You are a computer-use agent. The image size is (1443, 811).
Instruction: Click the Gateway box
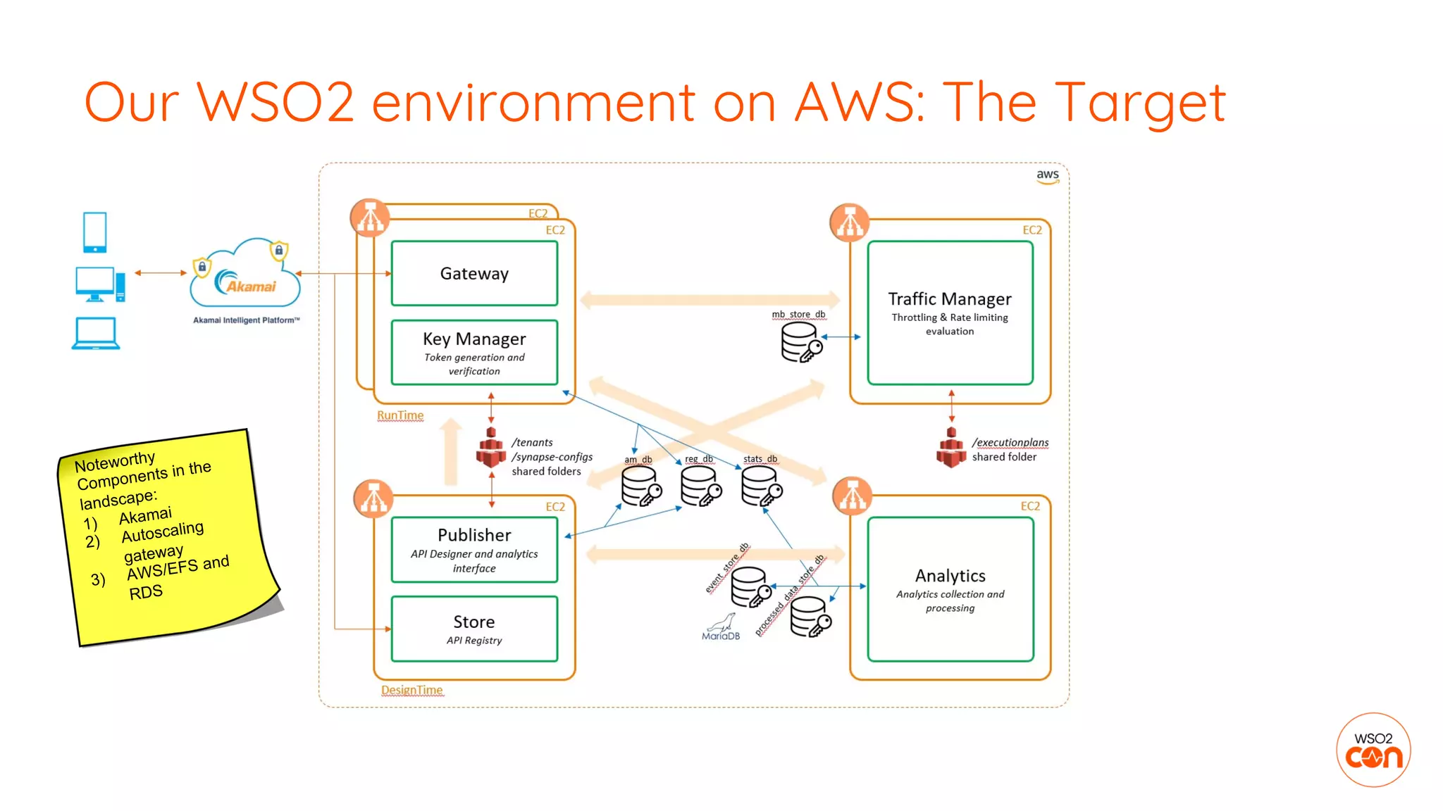click(x=474, y=273)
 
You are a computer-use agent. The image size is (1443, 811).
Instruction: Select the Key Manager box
click(x=474, y=352)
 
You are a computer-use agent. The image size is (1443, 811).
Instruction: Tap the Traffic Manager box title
click(x=949, y=299)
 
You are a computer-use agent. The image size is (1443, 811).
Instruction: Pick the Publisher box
click(x=474, y=549)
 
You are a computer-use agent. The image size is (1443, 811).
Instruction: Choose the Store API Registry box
click(x=474, y=629)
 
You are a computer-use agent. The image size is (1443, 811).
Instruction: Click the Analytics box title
click(x=950, y=576)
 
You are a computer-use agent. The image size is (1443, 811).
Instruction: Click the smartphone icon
click(x=94, y=232)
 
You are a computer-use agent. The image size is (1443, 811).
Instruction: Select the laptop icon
click(x=96, y=334)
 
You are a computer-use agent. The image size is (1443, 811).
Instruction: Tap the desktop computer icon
click(x=99, y=284)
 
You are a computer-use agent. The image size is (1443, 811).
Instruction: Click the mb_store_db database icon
click(x=800, y=342)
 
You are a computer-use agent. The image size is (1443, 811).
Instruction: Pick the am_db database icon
click(x=640, y=486)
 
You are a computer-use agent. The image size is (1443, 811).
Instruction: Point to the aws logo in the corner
click(x=1048, y=176)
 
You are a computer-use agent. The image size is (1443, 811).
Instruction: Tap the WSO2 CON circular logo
click(x=1373, y=750)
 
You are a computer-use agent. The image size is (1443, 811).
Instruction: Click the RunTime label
click(x=400, y=415)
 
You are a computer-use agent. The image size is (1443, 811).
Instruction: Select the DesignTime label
click(x=411, y=690)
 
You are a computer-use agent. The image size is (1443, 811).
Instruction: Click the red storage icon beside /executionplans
click(x=951, y=448)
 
